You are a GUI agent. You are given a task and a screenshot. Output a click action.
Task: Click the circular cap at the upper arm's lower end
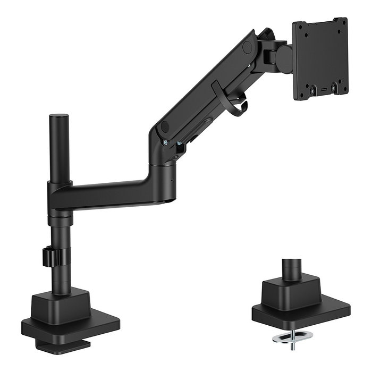[164, 128]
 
